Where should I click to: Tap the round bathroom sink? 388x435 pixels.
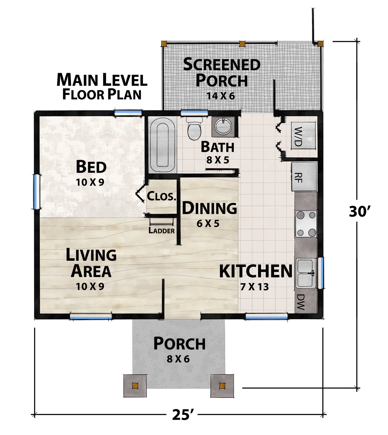click(x=224, y=126)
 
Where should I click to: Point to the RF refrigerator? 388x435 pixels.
click(x=304, y=177)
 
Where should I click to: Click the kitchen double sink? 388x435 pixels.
click(x=306, y=273)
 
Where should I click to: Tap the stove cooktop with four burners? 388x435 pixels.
click(x=306, y=224)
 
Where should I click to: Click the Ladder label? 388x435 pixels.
click(x=162, y=231)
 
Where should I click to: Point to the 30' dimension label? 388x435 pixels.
click(x=358, y=212)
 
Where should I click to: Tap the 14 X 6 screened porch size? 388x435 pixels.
click(x=221, y=96)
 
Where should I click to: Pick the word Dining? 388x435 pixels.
click(x=209, y=209)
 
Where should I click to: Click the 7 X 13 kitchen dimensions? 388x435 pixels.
click(x=255, y=287)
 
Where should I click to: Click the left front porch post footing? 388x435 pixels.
click(x=135, y=386)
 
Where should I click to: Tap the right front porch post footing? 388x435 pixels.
click(x=222, y=386)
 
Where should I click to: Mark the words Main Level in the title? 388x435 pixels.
click(x=102, y=80)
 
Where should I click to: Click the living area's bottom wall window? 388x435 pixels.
click(x=91, y=316)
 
